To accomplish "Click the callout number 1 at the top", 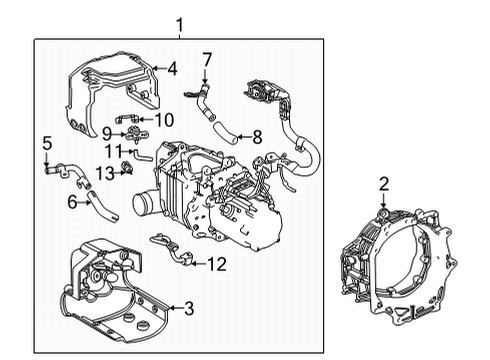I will (179, 23).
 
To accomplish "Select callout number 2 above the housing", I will (383, 183).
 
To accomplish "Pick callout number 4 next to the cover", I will (172, 69).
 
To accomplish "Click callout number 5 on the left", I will (46, 144).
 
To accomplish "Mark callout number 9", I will (107, 132).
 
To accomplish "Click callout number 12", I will (218, 263).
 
